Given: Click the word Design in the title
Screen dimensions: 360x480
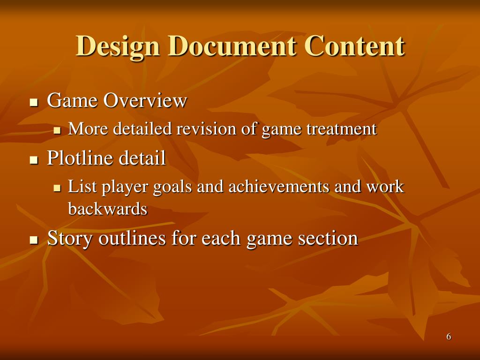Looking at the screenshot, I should pyautogui.click(x=118, y=47).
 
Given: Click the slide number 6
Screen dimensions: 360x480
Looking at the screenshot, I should pyautogui.click(x=449, y=337).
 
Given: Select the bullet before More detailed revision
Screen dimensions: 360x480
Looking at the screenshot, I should pyautogui.click(x=57, y=130).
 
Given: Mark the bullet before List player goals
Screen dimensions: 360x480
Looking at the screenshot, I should pyautogui.click(x=57, y=188).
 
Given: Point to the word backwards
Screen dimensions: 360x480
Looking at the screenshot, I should pyautogui.click(x=108, y=209).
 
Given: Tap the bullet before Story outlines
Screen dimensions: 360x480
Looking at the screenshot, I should pyautogui.click(x=33, y=240).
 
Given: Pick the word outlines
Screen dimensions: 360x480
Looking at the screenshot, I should pyautogui.click(x=132, y=238).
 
